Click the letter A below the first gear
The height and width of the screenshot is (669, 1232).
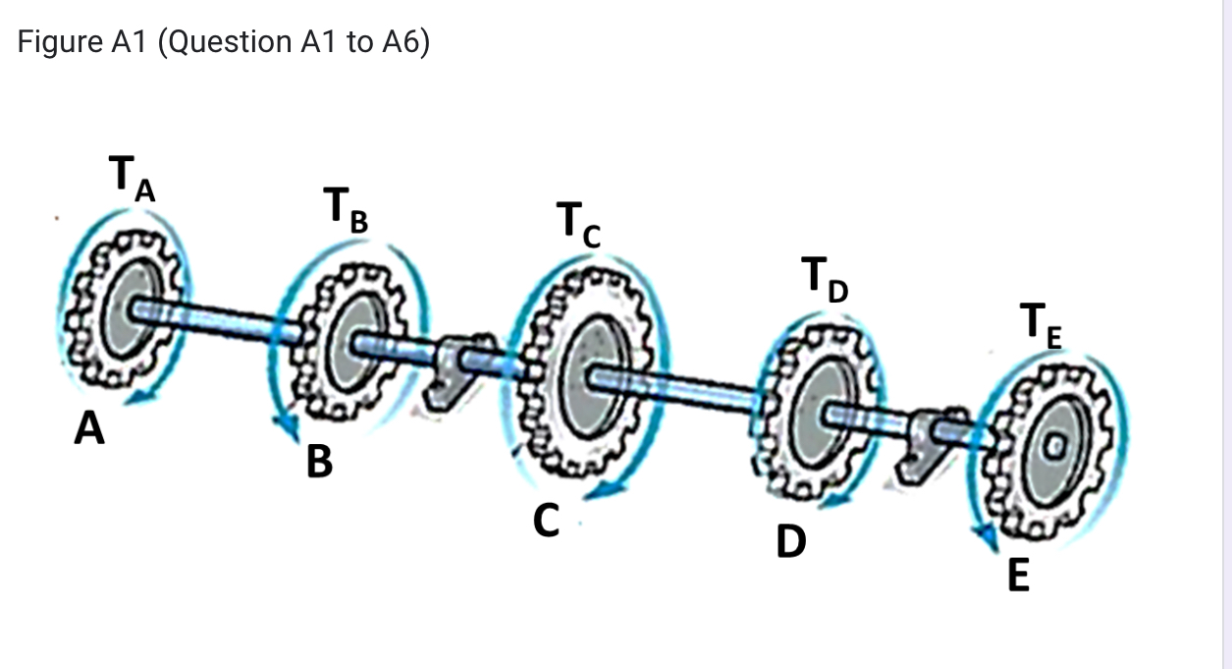pyautogui.click(x=89, y=428)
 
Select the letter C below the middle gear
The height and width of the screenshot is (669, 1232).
pyautogui.click(x=546, y=521)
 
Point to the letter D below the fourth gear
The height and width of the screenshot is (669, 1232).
pyautogui.click(x=790, y=541)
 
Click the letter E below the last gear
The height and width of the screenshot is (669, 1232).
pyautogui.click(x=1019, y=577)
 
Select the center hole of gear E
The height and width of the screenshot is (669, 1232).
pyautogui.click(x=1052, y=448)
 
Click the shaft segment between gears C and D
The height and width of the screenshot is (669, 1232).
pyautogui.click(x=687, y=389)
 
